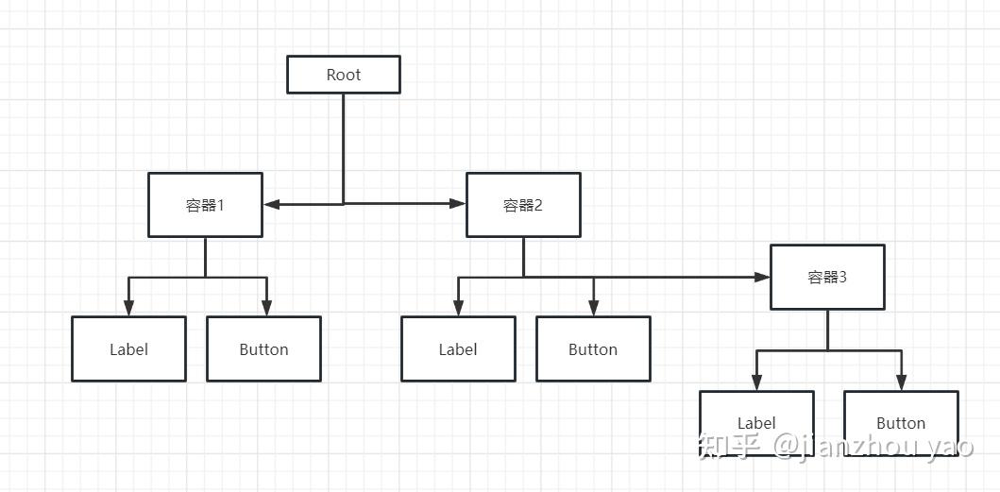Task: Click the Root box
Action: (x=344, y=75)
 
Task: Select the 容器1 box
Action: (x=205, y=205)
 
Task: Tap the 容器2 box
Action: (x=523, y=205)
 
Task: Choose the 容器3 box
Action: (x=827, y=277)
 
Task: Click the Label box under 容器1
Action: (x=128, y=348)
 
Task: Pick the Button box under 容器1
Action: (x=263, y=348)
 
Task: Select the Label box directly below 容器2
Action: (x=458, y=348)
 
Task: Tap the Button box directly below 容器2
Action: (x=593, y=348)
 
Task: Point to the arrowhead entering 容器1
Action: (x=271, y=203)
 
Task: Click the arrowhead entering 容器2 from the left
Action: (x=458, y=203)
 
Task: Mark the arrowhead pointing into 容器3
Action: (x=762, y=277)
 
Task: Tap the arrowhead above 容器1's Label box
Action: (x=128, y=308)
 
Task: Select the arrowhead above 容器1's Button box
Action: (x=266, y=308)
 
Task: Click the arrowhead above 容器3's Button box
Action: (x=901, y=382)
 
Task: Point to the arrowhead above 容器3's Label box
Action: (x=755, y=382)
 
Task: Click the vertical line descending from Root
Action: (x=344, y=146)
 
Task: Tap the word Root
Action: (x=344, y=75)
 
